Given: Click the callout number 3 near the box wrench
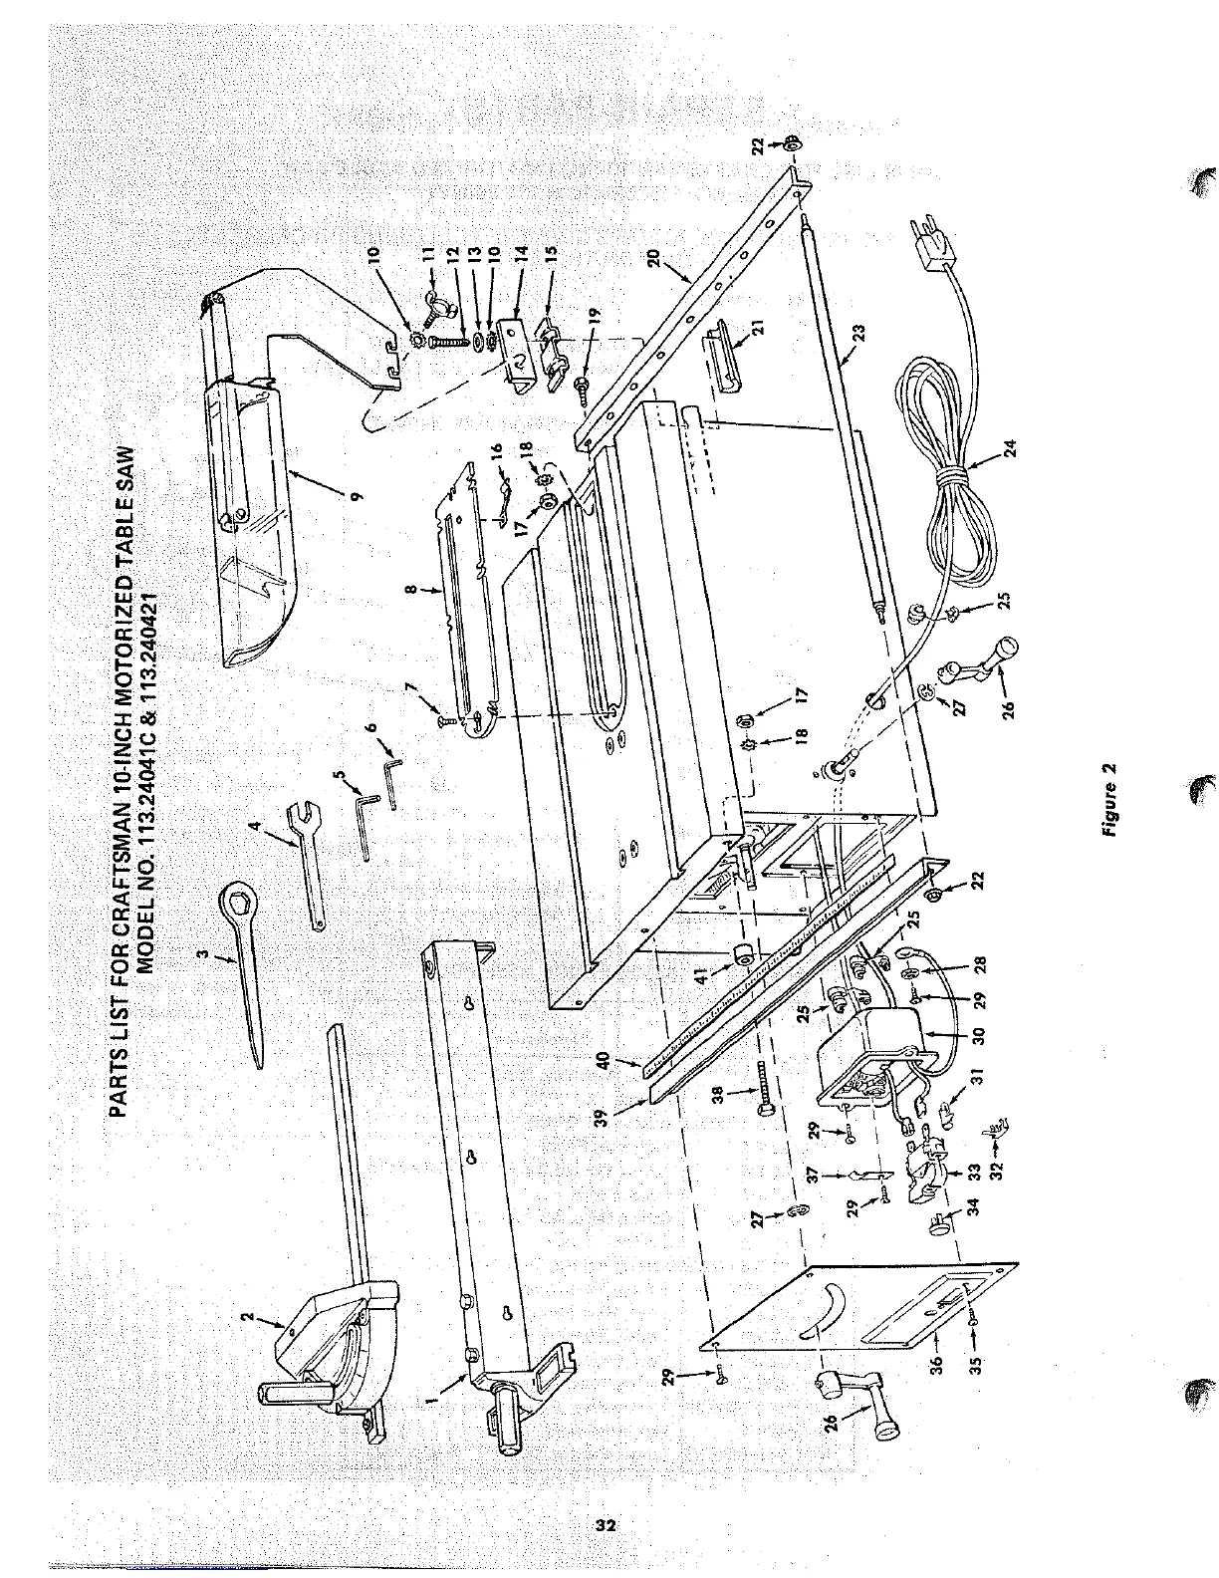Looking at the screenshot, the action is click(x=202, y=956).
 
